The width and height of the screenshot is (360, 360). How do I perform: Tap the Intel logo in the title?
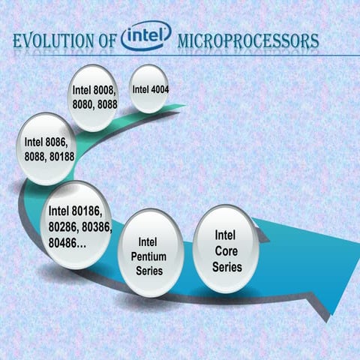[145, 35]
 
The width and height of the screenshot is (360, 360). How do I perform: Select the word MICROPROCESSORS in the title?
[247, 42]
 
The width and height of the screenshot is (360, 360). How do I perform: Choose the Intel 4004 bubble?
[148, 89]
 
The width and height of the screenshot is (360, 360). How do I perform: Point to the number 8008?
[104, 90]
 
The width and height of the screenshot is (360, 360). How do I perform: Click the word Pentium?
[151, 256]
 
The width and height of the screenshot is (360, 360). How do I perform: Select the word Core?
[226, 250]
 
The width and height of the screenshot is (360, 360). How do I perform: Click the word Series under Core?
[226, 265]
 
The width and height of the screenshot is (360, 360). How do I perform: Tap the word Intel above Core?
[226, 235]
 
